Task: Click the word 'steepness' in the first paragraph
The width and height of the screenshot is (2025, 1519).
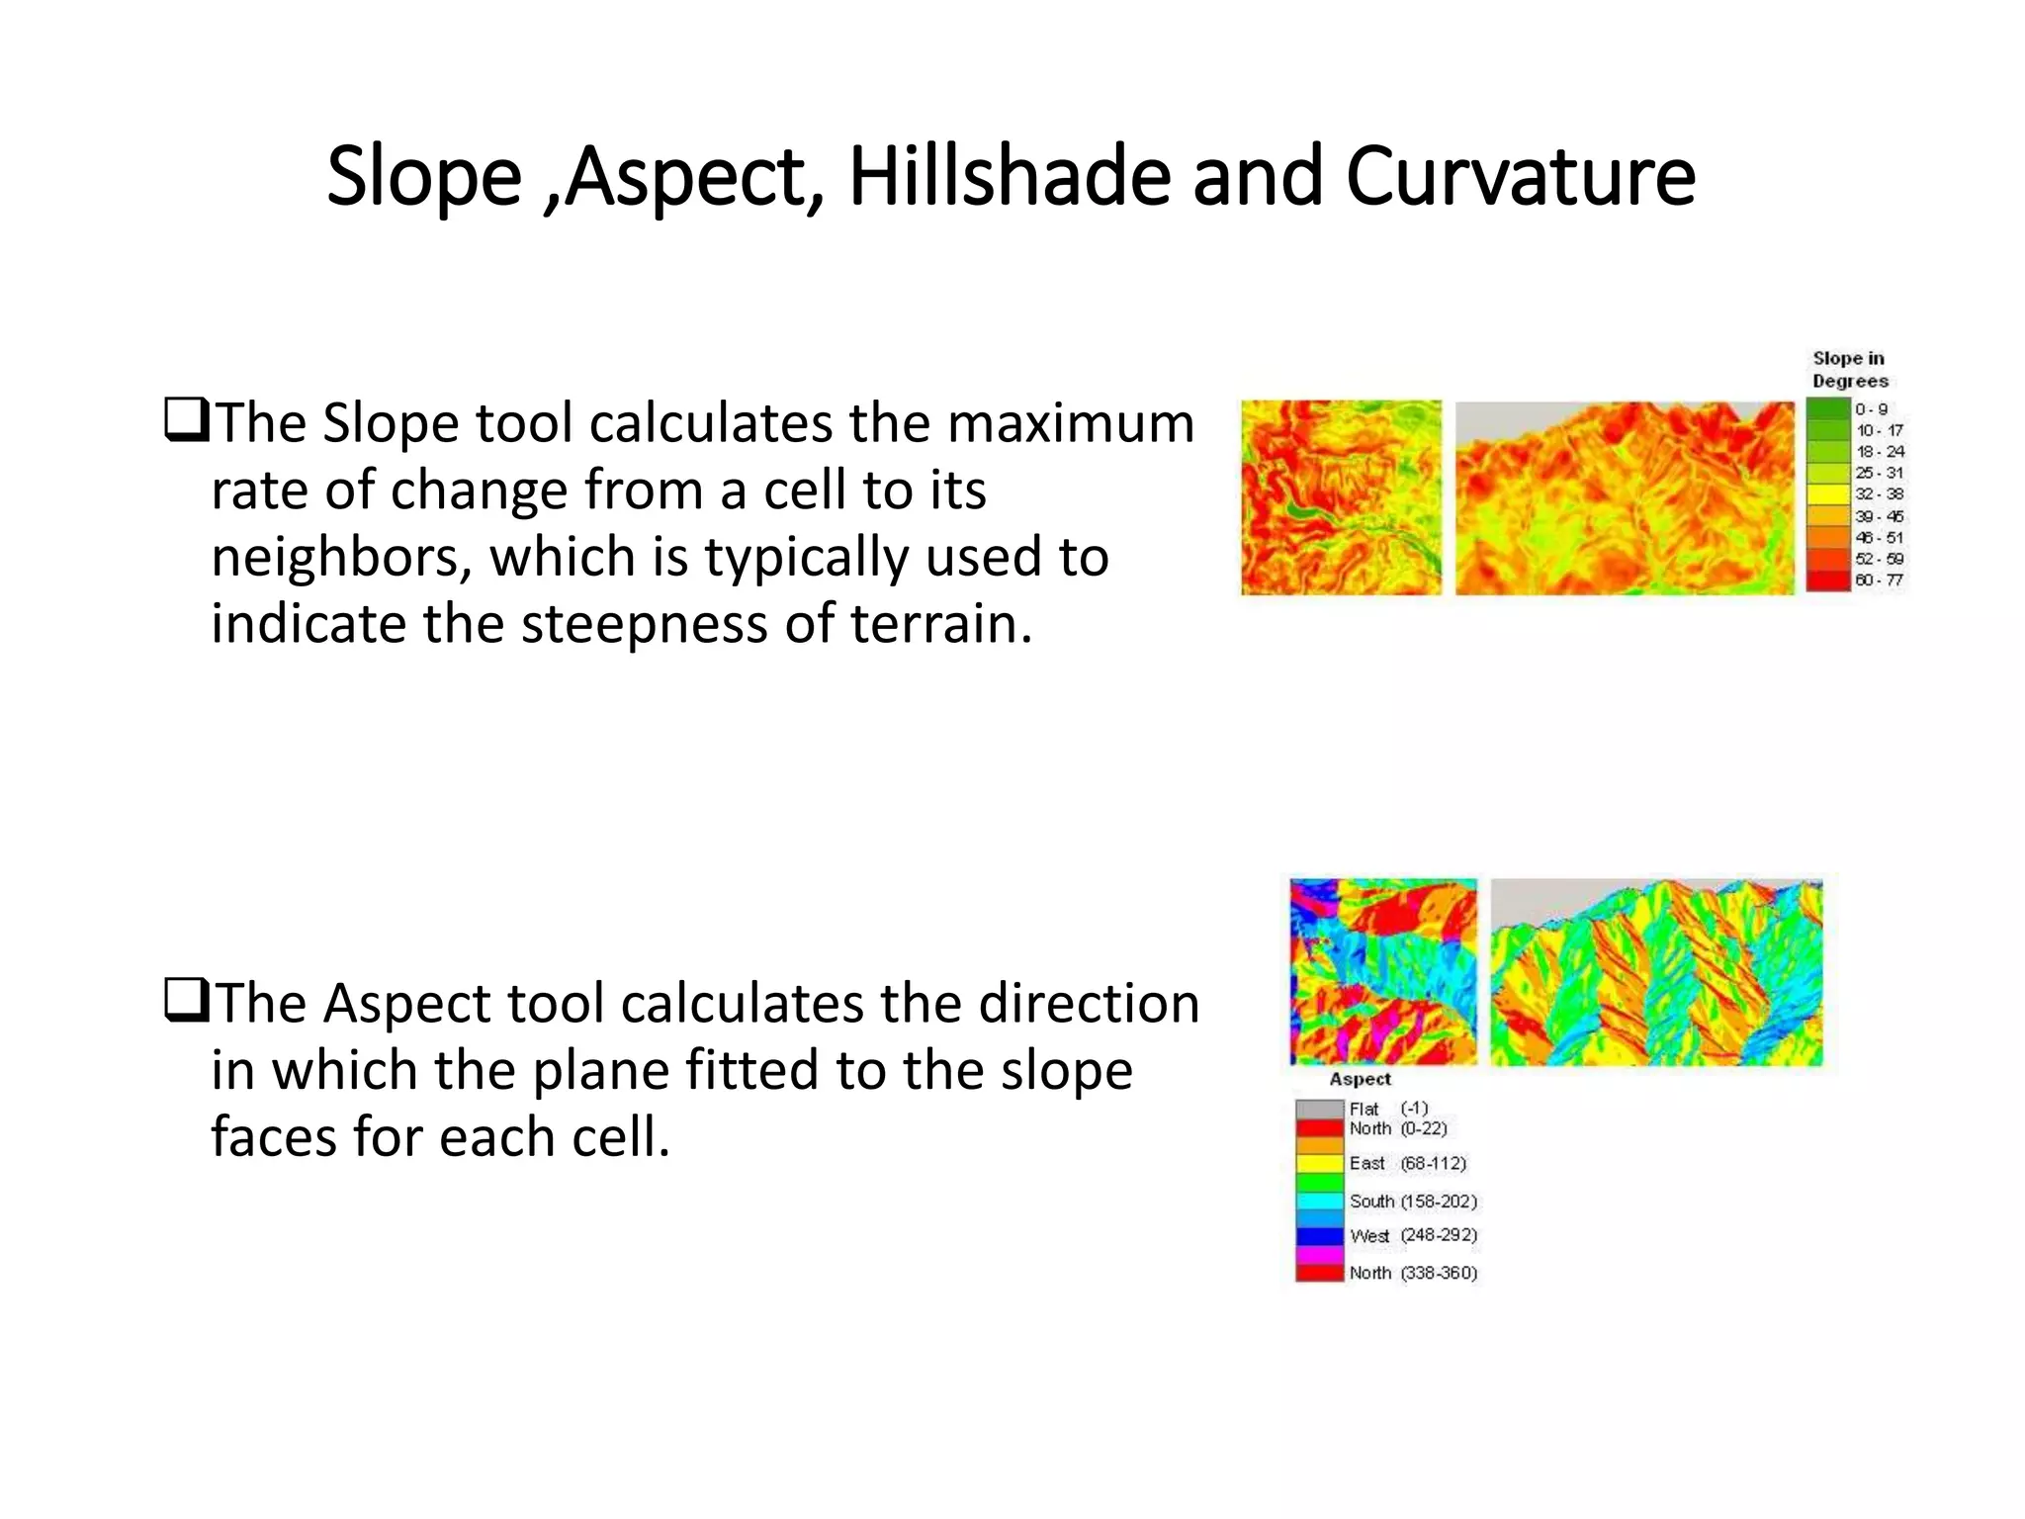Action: [x=644, y=625]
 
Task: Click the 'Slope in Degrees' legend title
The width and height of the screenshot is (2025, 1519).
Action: [x=1849, y=370]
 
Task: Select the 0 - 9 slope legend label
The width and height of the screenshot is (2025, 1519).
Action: [x=1871, y=409]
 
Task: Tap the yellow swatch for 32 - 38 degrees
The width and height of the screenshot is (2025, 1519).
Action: [x=1828, y=494]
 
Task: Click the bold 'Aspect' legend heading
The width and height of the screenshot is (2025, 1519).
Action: [x=1360, y=1080]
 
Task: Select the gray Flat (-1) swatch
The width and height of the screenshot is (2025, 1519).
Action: [x=1319, y=1110]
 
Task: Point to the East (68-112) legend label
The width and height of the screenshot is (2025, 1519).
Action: [x=1407, y=1164]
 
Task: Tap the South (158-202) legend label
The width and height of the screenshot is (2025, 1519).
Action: [x=1413, y=1202]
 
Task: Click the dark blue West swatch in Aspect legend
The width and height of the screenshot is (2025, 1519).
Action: [x=1319, y=1236]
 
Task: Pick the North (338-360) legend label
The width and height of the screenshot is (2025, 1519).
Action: [x=1413, y=1274]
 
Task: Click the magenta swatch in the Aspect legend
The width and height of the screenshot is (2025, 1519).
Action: [x=1319, y=1255]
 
